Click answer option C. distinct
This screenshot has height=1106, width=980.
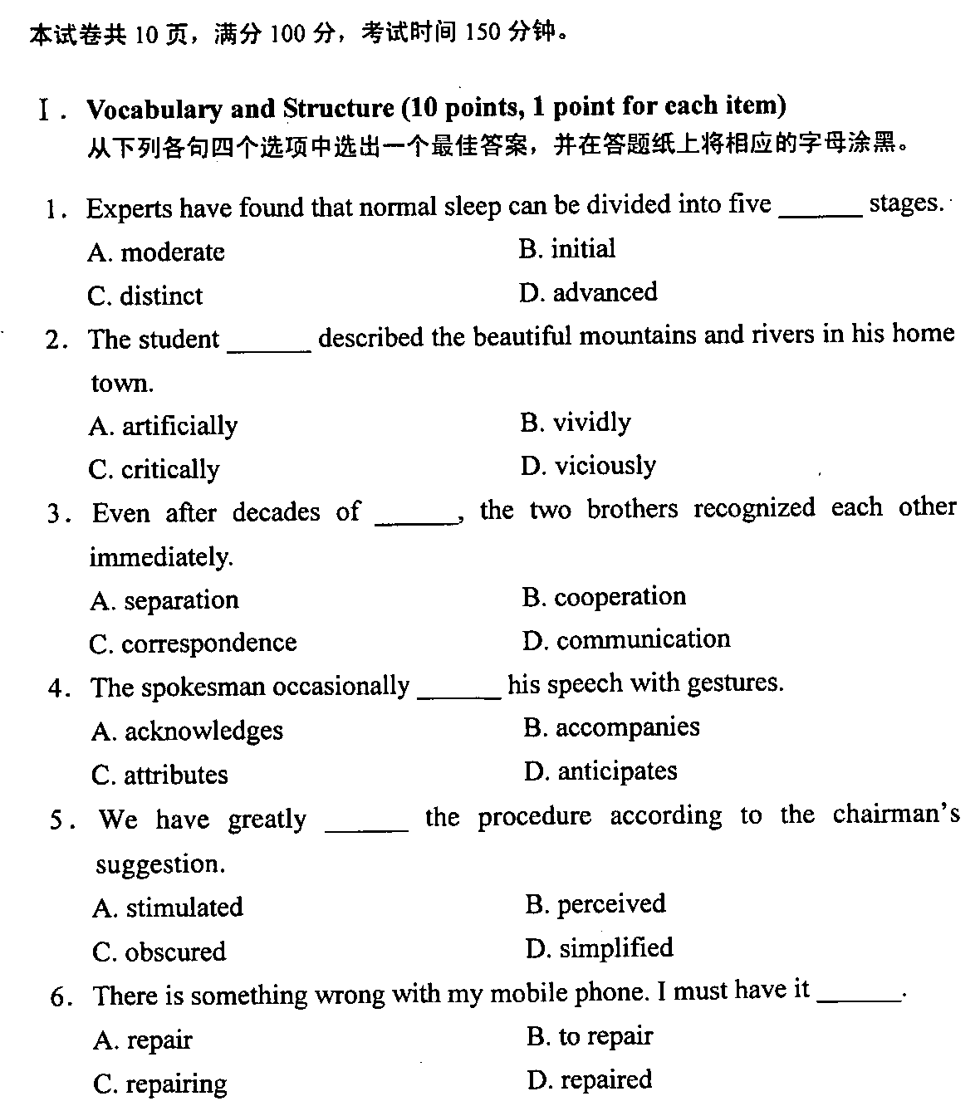(145, 296)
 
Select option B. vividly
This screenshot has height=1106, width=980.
(575, 423)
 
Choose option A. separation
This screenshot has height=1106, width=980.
(164, 599)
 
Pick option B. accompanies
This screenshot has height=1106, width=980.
(611, 727)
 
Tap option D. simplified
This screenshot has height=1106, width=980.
(599, 947)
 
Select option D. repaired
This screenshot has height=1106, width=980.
(589, 1079)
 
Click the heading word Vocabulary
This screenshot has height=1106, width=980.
(154, 109)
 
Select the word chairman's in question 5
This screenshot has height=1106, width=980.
(895, 815)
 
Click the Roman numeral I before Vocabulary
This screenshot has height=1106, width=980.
(45, 110)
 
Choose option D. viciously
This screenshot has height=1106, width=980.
(588, 466)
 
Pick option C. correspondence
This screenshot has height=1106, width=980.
(192, 643)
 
